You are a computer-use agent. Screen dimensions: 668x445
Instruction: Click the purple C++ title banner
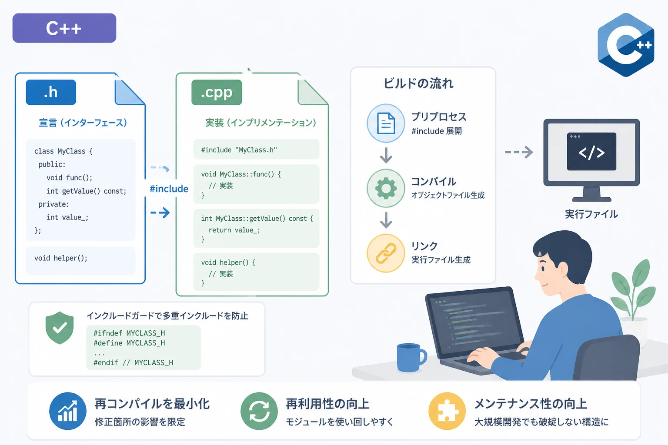coord(64,28)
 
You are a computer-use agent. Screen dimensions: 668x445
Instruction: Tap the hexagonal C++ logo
coord(626,45)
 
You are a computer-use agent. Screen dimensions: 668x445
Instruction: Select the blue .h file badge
coord(51,92)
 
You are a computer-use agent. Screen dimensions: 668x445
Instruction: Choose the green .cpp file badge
coord(217,92)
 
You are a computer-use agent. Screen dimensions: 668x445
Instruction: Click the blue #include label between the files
coord(169,189)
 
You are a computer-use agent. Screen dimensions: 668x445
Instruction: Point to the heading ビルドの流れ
coord(418,83)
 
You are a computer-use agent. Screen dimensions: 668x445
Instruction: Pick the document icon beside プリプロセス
coord(386,123)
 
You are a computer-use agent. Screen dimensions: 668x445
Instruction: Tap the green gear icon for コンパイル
coord(386,188)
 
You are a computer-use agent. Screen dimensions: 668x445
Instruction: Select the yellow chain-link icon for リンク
coord(386,253)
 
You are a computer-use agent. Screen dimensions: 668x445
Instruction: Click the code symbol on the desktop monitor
coord(591,152)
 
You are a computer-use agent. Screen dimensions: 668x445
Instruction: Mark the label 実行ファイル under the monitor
coord(591,214)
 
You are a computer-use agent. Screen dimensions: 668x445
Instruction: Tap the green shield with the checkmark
coord(60,328)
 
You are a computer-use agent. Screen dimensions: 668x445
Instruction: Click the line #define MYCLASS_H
coord(129,343)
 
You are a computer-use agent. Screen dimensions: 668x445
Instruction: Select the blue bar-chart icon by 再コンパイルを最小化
coord(68,411)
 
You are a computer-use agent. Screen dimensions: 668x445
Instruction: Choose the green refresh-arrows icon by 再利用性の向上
coord(259,411)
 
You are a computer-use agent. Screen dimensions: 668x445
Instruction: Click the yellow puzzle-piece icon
coord(447,411)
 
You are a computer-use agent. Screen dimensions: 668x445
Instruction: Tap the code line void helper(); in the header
coord(61,258)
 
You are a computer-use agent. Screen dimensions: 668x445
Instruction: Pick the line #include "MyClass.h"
coord(239,150)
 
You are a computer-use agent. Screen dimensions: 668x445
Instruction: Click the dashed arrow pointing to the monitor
coord(519,152)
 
